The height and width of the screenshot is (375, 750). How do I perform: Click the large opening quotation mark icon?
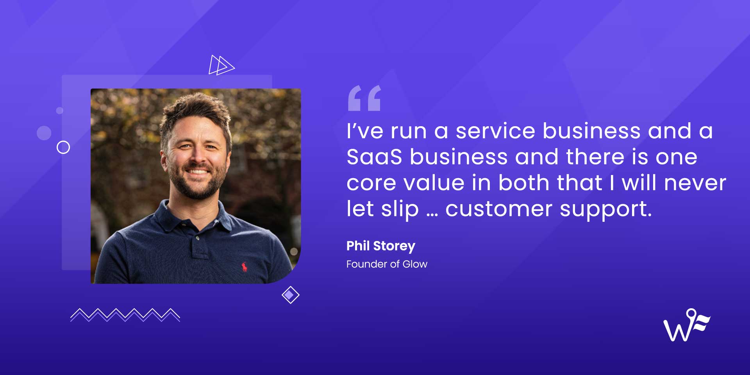tap(364, 98)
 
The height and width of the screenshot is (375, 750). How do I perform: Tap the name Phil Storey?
tap(380, 246)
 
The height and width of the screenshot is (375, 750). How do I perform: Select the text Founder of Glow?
tap(387, 264)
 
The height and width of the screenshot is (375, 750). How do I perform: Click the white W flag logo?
tap(686, 325)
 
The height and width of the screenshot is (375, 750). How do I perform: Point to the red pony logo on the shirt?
tap(244, 267)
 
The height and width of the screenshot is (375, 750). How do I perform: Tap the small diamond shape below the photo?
tap(290, 295)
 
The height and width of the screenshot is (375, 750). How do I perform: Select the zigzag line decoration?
tap(125, 315)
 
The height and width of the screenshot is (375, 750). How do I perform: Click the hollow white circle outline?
tap(63, 147)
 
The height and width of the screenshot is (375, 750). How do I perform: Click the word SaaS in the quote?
tap(374, 157)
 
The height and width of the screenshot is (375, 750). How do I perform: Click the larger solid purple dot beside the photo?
tap(44, 133)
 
